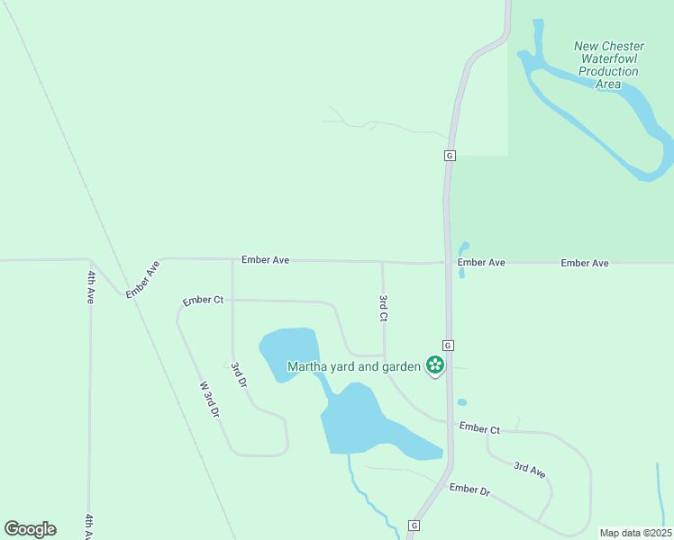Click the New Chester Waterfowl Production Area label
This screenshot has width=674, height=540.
[609, 65]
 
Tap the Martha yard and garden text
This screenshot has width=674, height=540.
[354, 366]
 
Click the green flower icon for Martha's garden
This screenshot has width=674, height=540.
[435, 365]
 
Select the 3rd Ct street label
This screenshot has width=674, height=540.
[383, 308]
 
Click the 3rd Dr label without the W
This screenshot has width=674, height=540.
[239, 374]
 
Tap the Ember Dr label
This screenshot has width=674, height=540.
[469, 490]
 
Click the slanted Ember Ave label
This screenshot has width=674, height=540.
[142, 279]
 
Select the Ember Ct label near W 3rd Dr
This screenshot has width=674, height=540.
[203, 301]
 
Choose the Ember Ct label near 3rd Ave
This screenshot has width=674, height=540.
[479, 428]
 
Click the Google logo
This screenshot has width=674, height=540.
[30, 529]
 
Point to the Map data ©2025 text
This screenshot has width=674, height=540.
[635, 533]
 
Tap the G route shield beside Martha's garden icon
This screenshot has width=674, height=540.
[447, 346]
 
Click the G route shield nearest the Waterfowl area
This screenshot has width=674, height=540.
[449, 156]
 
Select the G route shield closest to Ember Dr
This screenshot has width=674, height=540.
[414, 525]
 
